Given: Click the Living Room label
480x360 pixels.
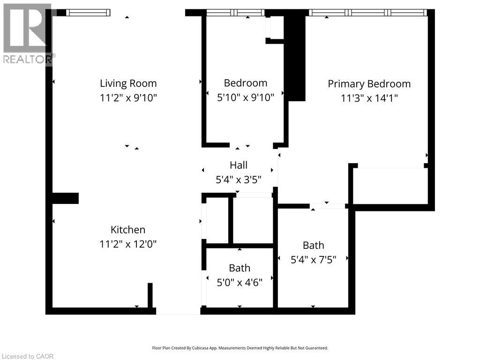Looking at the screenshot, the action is click(x=128, y=83).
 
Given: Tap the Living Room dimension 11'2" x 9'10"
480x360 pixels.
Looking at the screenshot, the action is click(x=128, y=97).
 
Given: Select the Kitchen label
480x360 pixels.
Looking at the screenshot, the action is click(x=128, y=230).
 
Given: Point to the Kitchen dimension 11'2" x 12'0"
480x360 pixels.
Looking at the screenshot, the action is click(x=128, y=244).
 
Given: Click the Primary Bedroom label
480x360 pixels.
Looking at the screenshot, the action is click(x=369, y=84).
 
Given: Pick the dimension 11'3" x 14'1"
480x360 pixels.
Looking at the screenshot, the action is click(x=369, y=98).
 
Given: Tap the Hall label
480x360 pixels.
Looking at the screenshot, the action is click(x=239, y=165).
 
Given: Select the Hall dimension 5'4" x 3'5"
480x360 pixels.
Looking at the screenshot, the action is click(x=239, y=180).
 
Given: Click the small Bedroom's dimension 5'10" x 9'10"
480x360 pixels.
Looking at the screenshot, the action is click(x=246, y=97).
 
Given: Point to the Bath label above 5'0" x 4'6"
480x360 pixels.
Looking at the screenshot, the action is click(x=240, y=268).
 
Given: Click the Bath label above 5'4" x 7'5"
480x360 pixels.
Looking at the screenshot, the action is click(x=314, y=246).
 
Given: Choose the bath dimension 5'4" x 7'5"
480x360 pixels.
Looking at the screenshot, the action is click(x=314, y=260).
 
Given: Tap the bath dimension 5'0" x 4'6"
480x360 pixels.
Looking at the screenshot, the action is click(x=240, y=282).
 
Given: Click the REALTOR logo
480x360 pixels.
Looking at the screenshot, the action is click(x=28, y=34).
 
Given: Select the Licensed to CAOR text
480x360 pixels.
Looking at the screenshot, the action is click(x=28, y=356).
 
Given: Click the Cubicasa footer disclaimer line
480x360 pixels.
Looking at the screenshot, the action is click(x=240, y=348).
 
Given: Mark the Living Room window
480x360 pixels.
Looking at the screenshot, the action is click(x=88, y=13).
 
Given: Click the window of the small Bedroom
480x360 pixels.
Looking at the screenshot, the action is click(x=235, y=13).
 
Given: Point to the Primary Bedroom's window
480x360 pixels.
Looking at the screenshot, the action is click(x=367, y=13).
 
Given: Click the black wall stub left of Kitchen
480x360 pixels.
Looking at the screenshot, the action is click(x=66, y=198).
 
